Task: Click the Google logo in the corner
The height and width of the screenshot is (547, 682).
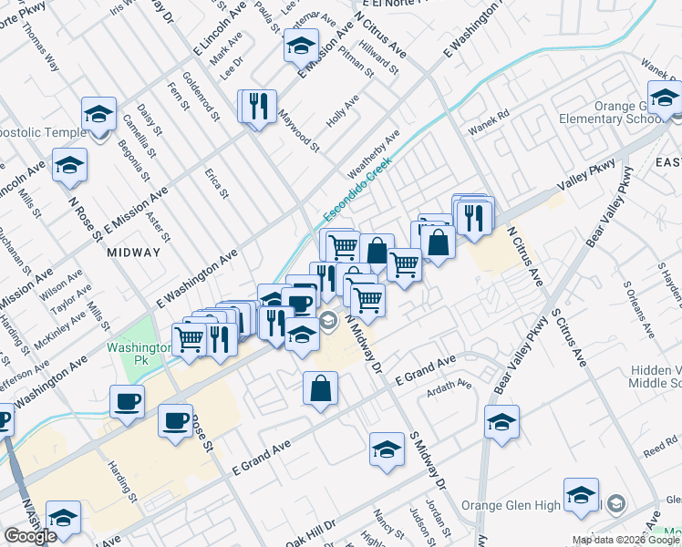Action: pyautogui.click(x=30, y=536)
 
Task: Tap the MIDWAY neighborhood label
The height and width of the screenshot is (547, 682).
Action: pyautogui.click(x=133, y=252)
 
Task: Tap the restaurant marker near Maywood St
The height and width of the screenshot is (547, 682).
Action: pyautogui.click(x=256, y=106)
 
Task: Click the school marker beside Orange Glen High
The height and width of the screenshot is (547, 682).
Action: pyautogui.click(x=581, y=495)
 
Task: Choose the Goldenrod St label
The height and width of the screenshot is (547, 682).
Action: pyautogui.click(x=201, y=98)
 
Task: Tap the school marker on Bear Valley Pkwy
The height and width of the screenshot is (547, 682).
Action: pyautogui.click(x=501, y=422)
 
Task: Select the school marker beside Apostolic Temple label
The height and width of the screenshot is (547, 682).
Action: pyautogui.click(x=98, y=114)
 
